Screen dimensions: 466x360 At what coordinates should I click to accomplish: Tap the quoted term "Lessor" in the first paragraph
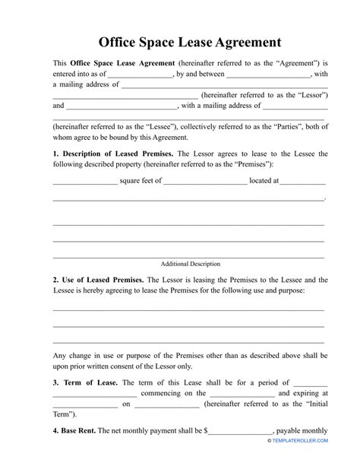(313, 96)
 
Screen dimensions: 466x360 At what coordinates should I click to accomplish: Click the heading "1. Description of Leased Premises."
(113, 154)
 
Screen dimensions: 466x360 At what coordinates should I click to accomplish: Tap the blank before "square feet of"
(84, 181)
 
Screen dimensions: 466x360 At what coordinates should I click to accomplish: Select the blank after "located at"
(304, 181)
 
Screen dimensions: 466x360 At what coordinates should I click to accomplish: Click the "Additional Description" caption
(190, 264)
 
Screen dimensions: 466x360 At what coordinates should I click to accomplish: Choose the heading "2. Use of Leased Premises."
(98, 280)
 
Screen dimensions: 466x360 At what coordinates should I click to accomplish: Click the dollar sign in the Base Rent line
(206, 430)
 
